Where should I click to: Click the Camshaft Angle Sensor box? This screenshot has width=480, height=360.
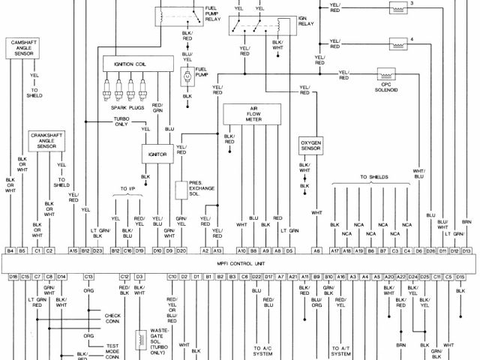25,48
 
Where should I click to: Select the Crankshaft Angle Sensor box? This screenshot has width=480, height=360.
46,140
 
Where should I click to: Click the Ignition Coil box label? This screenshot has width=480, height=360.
130,64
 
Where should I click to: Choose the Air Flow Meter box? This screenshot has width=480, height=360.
253,114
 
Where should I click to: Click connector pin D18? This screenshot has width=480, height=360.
13,277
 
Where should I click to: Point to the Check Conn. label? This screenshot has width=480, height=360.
113,318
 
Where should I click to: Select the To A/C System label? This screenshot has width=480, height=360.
262,352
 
